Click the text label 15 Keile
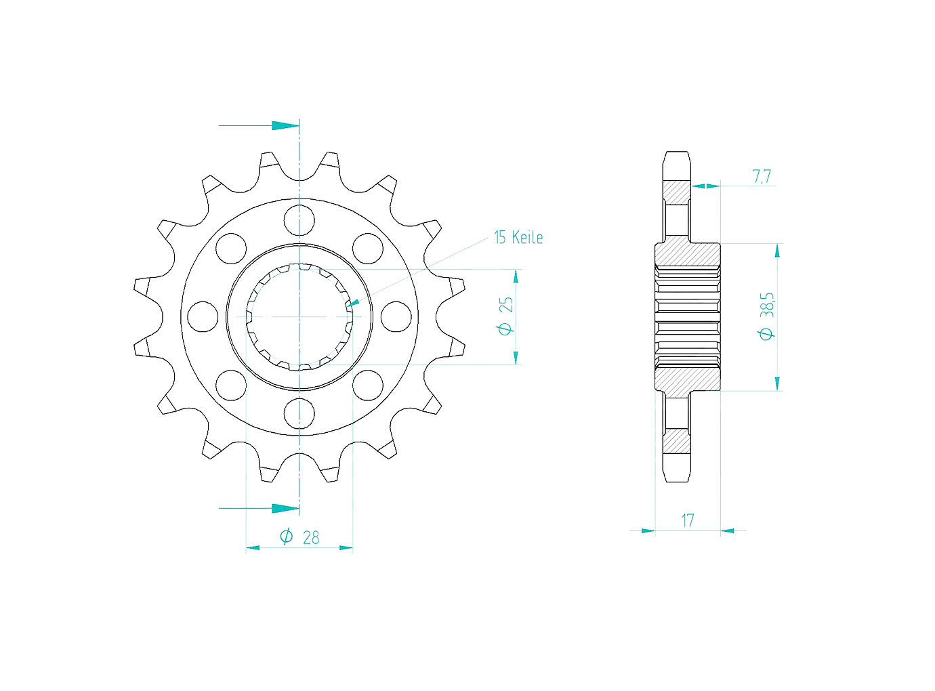point(518,237)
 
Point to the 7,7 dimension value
point(762,177)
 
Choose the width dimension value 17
point(688,520)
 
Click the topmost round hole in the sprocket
point(299,220)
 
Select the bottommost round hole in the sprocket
point(299,413)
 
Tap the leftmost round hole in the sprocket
point(203,316)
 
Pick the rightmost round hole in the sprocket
point(396,316)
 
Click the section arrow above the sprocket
point(285,125)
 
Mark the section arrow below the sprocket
point(285,508)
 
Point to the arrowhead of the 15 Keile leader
point(354,303)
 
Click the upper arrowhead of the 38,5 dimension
point(777,251)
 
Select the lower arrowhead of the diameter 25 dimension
point(516,358)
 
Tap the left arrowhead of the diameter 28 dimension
point(253,547)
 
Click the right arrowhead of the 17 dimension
point(728,530)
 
